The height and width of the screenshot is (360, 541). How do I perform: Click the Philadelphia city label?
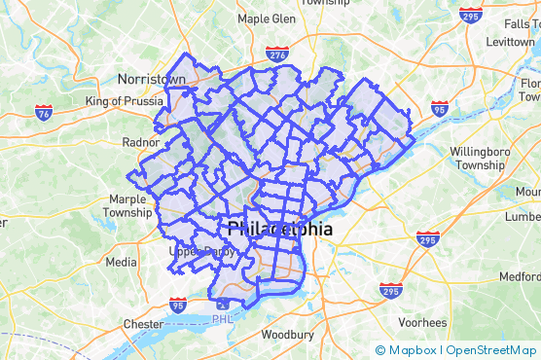(279, 231)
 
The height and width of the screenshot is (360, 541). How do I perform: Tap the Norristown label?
(151, 79)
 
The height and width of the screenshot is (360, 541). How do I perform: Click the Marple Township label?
(127, 205)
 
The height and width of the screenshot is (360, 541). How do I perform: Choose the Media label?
(121, 262)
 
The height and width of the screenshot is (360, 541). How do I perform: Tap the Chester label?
(144, 323)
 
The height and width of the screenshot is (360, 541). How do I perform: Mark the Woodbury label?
(287, 336)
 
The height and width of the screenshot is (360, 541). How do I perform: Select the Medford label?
(520, 276)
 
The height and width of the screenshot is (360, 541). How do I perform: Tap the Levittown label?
(510, 44)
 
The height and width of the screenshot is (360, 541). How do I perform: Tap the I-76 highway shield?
(43, 114)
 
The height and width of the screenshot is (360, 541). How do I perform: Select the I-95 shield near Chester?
(177, 306)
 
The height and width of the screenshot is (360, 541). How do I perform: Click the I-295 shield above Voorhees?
(390, 290)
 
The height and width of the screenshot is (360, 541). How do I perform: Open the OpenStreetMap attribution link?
(490, 350)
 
